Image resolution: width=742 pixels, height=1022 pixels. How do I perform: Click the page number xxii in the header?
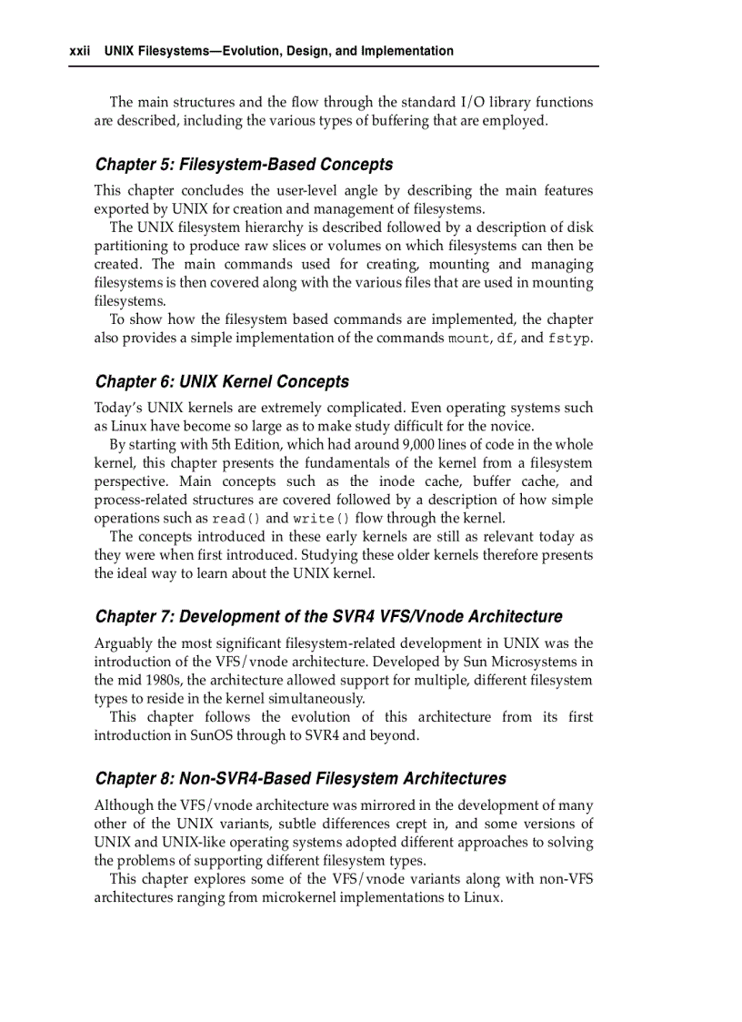81,51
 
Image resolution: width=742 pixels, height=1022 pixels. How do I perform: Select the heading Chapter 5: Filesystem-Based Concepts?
244,165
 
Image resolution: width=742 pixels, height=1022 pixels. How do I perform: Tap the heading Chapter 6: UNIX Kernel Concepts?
222,382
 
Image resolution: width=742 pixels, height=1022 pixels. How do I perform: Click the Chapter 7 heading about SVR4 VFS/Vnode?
328,617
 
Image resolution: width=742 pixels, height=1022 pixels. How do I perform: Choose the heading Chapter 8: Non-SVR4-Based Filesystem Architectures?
300,779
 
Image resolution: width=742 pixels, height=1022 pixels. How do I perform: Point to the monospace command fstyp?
568,339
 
